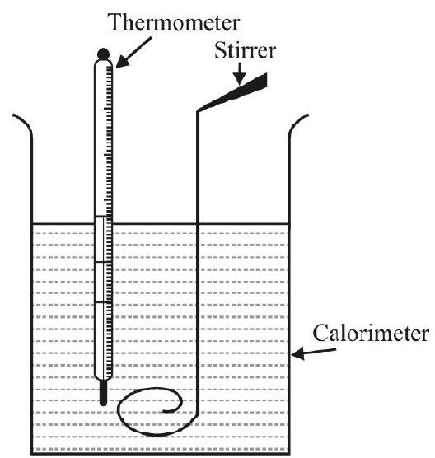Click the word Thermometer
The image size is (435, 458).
pos(174,22)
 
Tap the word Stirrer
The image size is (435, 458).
pos(246,50)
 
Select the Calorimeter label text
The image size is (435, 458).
pos(371,333)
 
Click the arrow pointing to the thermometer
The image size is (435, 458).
pos(133,52)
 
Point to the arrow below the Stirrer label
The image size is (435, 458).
pos(240,73)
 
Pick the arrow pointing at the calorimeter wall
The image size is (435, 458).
pos(313,353)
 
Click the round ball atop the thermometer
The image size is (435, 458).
pos(104,54)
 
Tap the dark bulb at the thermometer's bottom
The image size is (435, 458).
pos(104,392)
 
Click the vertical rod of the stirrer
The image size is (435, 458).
pos(198,263)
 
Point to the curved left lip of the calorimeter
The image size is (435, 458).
pos(24,123)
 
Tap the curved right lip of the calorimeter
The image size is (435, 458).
pos(297,123)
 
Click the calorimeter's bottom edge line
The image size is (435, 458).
pos(161,453)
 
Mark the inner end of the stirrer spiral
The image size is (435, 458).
pos(164,412)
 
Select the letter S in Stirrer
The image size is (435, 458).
pos(220,50)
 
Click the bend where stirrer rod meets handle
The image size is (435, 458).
pos(198,111)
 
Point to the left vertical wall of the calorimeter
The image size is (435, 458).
pos(31,292)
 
